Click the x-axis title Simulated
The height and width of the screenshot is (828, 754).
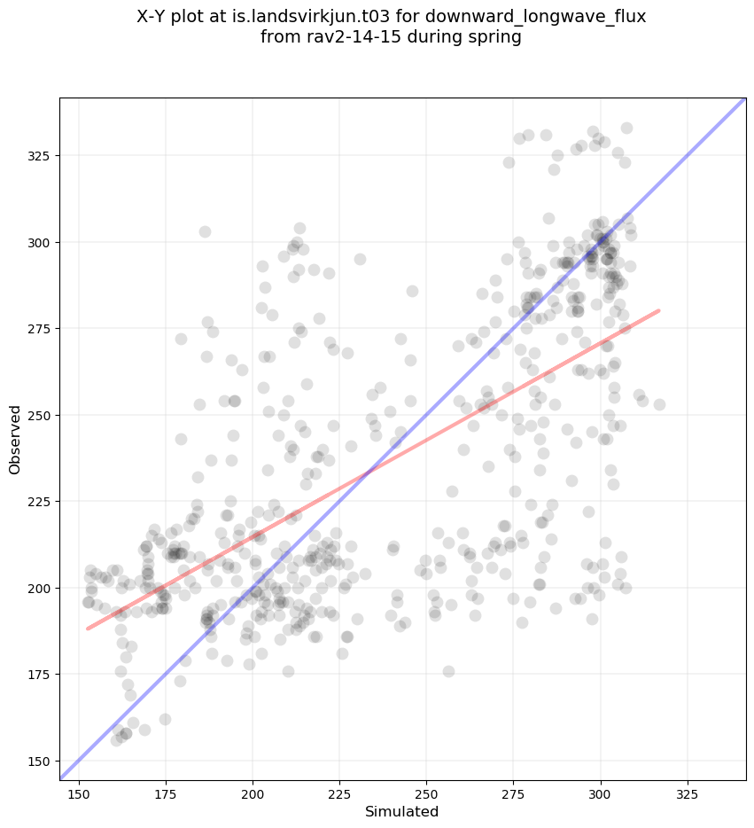tap(402, 811)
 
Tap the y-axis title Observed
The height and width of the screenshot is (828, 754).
tap(15, 440)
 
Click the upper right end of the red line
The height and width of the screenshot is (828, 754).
tap(659, 310)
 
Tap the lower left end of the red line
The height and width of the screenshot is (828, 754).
tap(88, 629)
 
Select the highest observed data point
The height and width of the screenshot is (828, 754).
tap(626, 129)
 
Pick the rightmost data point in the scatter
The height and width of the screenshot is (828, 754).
tap(659, 404)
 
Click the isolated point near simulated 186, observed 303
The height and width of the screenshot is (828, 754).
tap(205, 232)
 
